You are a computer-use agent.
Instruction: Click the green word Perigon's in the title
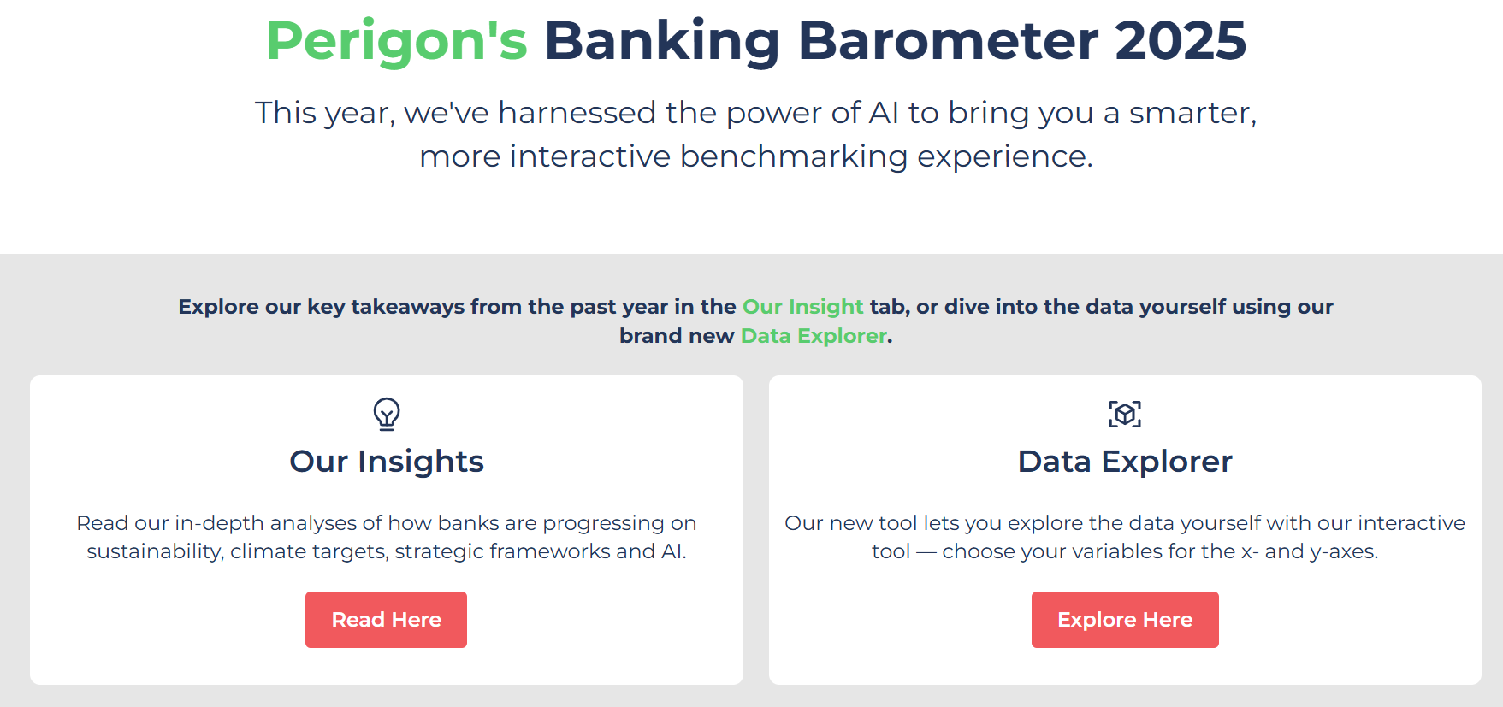point(397,42)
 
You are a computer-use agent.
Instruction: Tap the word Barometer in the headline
point(948,40)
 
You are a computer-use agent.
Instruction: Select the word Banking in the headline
point(662,42)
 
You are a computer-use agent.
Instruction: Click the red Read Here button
point(386,620)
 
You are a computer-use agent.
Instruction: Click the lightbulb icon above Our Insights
point(387,415)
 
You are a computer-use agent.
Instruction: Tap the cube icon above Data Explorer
point(1125,415)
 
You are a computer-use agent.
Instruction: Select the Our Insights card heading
point(387,462)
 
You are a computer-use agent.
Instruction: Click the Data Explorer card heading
point(1125,462)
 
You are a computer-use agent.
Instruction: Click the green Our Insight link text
point(803,307)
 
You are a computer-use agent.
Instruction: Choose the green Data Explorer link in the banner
point(814,336)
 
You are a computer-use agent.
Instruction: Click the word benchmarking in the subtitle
point(794,156)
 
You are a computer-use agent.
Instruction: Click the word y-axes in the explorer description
point(1344,551)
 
